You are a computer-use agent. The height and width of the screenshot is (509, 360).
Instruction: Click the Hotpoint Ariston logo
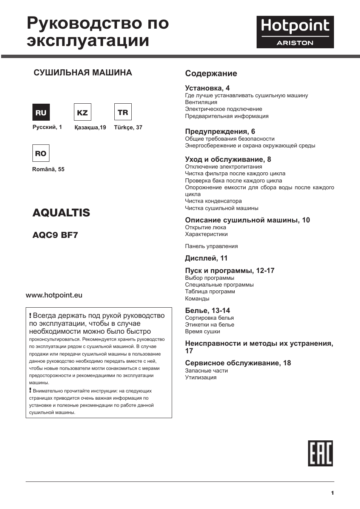(295, 32)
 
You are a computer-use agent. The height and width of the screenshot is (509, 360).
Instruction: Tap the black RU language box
(41, 112)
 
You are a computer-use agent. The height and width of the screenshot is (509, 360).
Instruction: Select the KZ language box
(82, 112)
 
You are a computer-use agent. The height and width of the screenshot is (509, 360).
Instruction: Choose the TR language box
(123, 112)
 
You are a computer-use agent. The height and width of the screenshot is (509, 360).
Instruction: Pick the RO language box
(41, 153)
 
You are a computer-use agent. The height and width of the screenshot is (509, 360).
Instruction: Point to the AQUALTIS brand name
(61, 213)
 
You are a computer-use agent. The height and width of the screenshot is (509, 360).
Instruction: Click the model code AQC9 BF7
(55, 235)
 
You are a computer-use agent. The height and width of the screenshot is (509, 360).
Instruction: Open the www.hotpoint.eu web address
(54, 295)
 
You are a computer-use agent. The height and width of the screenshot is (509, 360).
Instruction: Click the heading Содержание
(211, 74)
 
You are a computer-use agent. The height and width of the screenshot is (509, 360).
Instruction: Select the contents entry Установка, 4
(207, 88)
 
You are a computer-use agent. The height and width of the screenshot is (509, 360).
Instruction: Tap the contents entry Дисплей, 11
(206, 258)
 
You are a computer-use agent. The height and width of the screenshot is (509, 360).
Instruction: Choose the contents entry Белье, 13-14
(207, 311)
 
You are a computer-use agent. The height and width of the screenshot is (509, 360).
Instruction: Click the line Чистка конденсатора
(213, 201)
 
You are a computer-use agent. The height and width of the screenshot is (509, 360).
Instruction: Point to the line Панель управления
(211, 246)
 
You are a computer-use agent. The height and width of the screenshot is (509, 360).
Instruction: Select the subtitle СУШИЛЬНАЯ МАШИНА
(83, 73)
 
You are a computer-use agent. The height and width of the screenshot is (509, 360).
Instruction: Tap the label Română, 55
(48, 169)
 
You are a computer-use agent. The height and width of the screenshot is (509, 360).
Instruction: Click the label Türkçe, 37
(128, 127)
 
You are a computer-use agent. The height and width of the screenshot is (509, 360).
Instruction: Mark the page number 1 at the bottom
(332, 493)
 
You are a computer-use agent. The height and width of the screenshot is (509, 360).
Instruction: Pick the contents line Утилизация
(201, 377)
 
